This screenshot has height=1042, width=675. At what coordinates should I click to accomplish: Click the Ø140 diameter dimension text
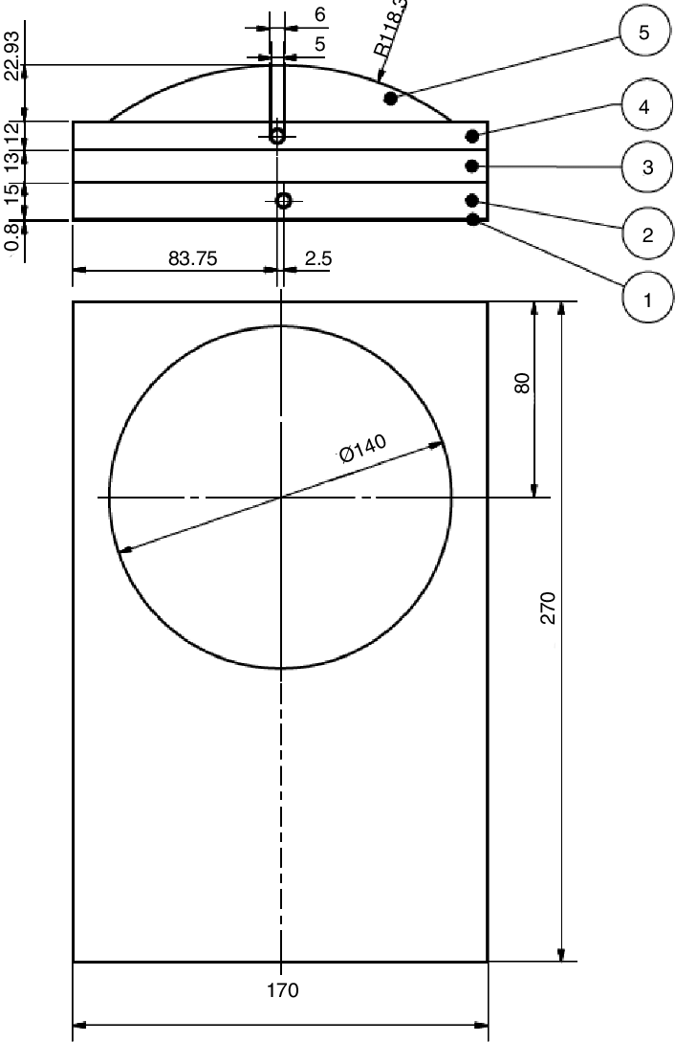click(362, 449)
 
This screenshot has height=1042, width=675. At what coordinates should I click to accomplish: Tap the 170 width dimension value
click(281, 990)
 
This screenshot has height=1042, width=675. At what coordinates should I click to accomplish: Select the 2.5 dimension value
click(316, 257)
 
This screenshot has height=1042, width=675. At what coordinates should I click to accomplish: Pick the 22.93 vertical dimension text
click(11, 56)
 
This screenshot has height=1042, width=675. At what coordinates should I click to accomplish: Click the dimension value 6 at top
click(319, 14)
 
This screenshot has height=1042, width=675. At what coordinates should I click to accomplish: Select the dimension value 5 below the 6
click(319, 44)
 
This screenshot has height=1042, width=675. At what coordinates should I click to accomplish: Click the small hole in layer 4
click(277, 136)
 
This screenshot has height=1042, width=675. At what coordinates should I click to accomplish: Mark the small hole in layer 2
click(283, 200)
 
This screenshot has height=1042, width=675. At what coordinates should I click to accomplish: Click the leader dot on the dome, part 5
click(390, 99)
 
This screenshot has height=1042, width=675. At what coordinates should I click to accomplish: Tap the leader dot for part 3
click(471, 166)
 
